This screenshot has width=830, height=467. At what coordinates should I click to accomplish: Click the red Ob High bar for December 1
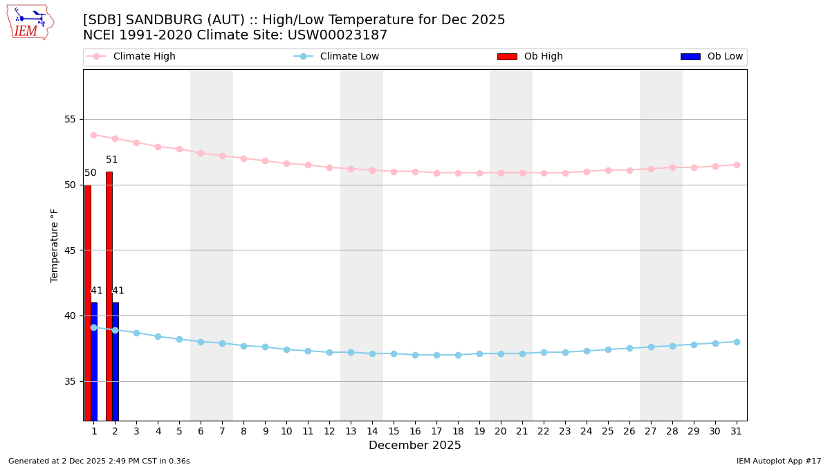point(88,302)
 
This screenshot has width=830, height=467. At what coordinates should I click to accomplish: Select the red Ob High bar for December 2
point(109,296)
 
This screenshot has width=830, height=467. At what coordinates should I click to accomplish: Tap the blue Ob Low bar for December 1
point(94,361)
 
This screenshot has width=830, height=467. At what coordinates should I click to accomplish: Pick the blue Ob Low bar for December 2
point(116,361)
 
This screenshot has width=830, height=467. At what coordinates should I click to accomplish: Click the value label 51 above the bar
point(112,160)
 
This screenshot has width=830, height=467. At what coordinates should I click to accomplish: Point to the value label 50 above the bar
point(91,173)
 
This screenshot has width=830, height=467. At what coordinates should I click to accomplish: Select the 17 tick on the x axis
point(436,431)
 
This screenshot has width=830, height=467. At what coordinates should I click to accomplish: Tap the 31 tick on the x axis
point(737,431)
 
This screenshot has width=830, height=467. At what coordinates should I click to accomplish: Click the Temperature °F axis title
point(55,245)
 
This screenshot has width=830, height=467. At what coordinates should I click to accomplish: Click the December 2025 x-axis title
point(415,446)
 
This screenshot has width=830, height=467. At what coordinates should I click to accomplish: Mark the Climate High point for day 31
point(737,165)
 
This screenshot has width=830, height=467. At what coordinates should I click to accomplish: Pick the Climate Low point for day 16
point(415,355)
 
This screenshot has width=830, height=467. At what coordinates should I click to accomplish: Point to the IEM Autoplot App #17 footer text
point(779,461)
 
